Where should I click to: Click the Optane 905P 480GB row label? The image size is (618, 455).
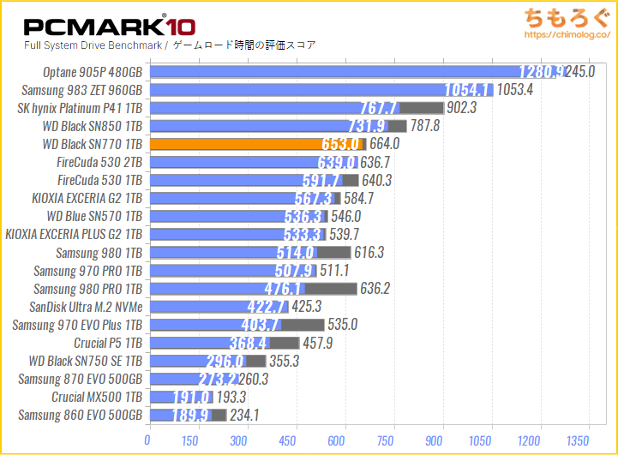[x=92, y=72]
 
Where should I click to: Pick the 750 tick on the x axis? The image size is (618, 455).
[x=394, y=440]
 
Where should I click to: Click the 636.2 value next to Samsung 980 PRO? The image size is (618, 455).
[x=374, y=289]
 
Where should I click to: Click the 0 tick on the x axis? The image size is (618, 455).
[x=149, y=440]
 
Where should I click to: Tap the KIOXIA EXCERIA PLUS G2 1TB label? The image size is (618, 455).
[x=73, y=234]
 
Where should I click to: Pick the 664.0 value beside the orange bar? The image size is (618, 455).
[x=383, y=144]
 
